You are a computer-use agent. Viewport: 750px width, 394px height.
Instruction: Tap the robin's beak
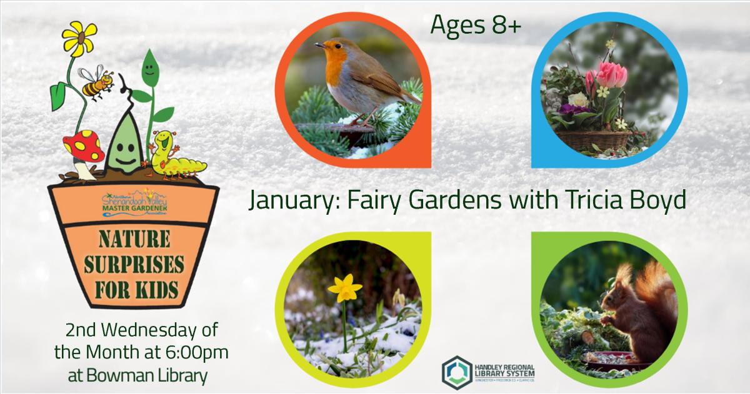tap(318, 45)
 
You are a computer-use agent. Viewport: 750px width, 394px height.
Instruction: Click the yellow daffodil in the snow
tap(345, 288)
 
